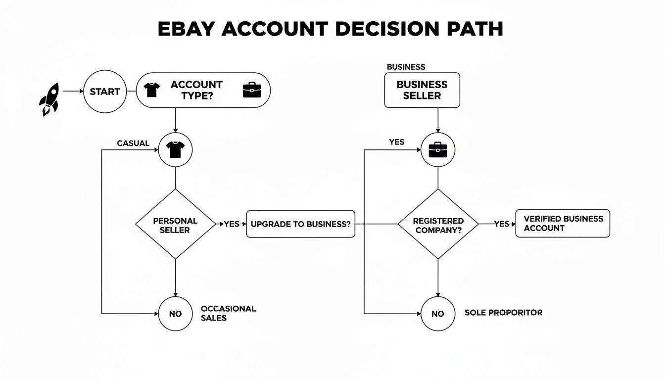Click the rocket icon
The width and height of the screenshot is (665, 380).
(49, 99)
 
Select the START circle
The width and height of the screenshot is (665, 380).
(105, 92)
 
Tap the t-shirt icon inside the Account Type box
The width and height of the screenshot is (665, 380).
(152, 90)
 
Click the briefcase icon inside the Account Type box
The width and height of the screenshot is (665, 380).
(252, 90)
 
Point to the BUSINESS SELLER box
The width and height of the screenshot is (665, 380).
(422, 90)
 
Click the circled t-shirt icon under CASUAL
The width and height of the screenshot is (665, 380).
(175, 149)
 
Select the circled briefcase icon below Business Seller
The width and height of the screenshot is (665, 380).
(438, 149)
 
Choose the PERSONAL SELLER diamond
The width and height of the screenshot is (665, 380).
(175, 224)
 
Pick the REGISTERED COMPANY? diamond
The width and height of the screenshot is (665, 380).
(438, 224)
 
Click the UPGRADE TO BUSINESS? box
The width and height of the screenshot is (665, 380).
(300, 224)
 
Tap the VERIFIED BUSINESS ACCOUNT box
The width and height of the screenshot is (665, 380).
(563, 224)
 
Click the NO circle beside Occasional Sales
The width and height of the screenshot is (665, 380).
(175, 314)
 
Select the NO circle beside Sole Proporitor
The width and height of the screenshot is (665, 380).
(438, 314)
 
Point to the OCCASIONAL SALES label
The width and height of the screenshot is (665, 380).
(228, 313)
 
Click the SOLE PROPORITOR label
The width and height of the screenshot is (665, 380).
(503, 313)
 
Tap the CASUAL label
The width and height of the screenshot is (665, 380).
(133, 143)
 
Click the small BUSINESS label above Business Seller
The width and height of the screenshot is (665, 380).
(406, 67)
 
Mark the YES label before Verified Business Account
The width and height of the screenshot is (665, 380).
(501, 224)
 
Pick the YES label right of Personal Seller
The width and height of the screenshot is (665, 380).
(232, 224)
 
